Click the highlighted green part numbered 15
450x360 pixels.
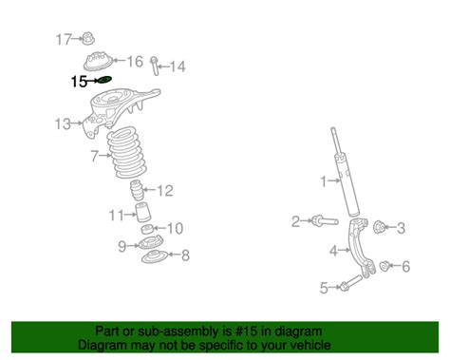coord(104,80)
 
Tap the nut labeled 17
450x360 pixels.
coord(88,39)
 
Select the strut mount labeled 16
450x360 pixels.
coord(98,61)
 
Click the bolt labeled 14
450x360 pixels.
coord(155,66)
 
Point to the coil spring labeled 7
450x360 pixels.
coord(126,152)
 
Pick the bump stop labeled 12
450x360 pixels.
coord(137,190)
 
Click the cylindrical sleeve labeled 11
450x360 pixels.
coord(142,213)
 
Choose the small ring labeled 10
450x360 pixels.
coord(147,229)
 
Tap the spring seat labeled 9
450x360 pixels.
coord(151,243)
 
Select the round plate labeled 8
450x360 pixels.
coord(154,256)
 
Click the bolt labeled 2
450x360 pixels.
coord(325,220)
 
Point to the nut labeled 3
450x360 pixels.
coord(379,227)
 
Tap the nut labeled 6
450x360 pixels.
coord(384,266)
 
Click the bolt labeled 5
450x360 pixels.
coord(350,283)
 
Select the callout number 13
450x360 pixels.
coord(63,123)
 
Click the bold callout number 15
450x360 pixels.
coord(79,82)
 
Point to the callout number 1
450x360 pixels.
coord(323,181)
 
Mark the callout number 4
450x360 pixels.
coord(333,251)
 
